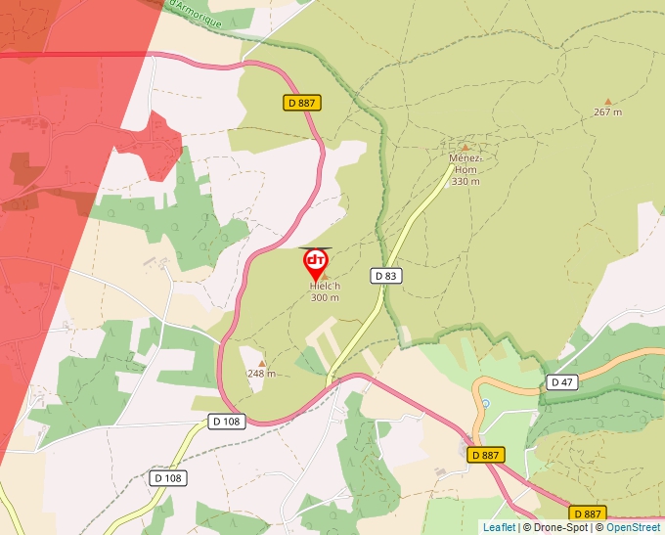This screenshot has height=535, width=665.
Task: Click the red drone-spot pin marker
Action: [x=316, y=263]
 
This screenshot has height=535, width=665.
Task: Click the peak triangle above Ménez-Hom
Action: [x=465, y=148]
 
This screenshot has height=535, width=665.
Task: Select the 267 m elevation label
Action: [x=607, y=112]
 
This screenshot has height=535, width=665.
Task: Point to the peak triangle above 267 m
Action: [x=607, y=101]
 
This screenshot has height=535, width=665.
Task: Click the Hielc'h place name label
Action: [x=325, y=286]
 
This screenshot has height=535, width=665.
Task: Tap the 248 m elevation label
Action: [x=261, y=374]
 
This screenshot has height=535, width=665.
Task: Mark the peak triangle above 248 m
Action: [x=261, y=363]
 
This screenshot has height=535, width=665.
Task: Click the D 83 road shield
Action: [x=386, y=276]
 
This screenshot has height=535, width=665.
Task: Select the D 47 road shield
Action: [x=560, y=381]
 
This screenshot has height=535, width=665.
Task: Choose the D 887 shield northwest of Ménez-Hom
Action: [x=303, y=102]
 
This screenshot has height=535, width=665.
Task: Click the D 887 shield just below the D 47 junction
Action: [x=485, y=455]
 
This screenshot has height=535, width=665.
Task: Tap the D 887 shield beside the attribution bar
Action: [x=587, y=513]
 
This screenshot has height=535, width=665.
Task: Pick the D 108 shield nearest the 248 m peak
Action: [x=226, y=421]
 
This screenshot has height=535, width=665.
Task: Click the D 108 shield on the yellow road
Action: [x=169, y=478]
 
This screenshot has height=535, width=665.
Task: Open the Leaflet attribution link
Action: [x=499, y=527]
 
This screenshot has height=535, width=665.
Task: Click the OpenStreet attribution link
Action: [x=633, y=527]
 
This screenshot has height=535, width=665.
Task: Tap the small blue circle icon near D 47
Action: [x=485, y=403]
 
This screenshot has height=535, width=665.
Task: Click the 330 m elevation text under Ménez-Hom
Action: [x=465, y=181]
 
